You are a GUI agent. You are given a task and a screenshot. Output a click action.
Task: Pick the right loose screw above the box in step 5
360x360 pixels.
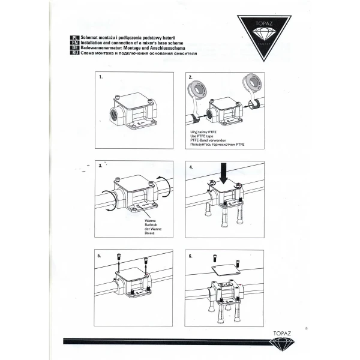click(146, 261)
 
